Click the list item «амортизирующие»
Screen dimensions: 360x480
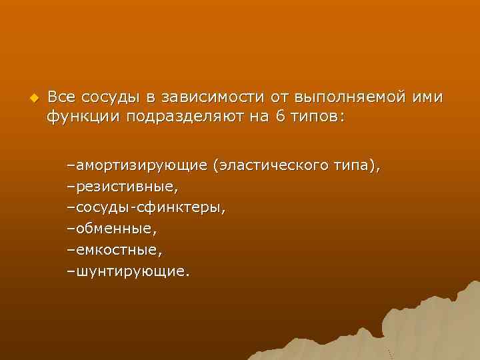click(x=142, y=164)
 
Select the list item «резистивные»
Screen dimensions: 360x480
click(x=126, y=185)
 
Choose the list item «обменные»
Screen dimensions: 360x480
click(x=116, y=229)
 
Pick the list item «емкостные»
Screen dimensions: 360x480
click(x=118, y=250)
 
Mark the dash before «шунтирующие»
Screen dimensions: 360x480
click(x=71, y=272)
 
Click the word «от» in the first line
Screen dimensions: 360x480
click(x=282, y=97)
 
